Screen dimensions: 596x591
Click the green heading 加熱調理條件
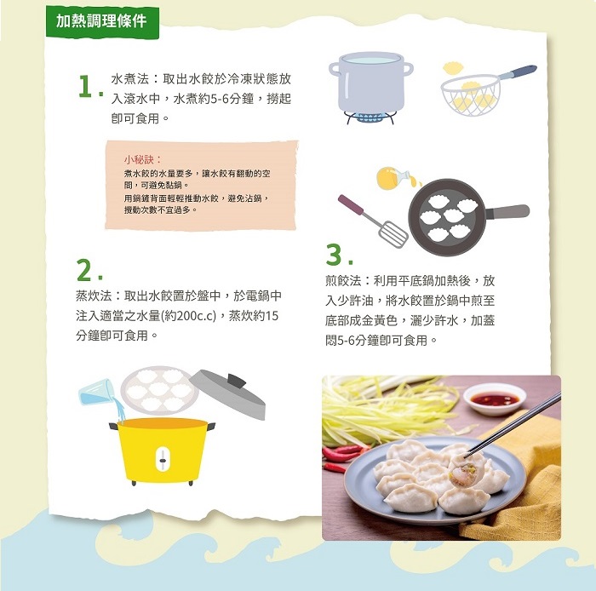(x=101, y=21)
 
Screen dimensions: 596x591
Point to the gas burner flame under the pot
(x=369, y=117)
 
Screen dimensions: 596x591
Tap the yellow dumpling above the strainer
(x=456, y=68)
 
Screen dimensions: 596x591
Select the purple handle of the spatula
(x=351, y=204)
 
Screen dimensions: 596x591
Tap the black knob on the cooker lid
(x=237, y=381)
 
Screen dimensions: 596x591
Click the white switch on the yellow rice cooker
(x=163, y=460)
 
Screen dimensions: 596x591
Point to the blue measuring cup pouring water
(x=96, y=393)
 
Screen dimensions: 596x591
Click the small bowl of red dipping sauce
(x=495, y=400)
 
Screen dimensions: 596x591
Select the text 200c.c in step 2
(x=196, y=316)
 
